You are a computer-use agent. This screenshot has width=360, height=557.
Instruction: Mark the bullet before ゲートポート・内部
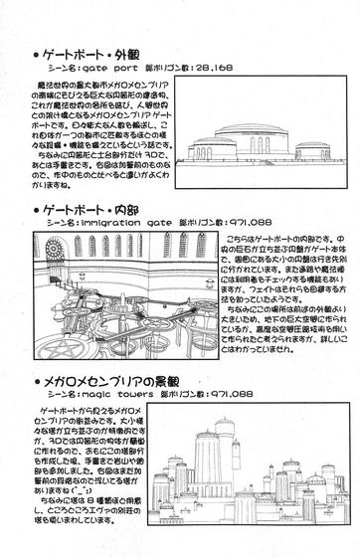coord(37,213)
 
